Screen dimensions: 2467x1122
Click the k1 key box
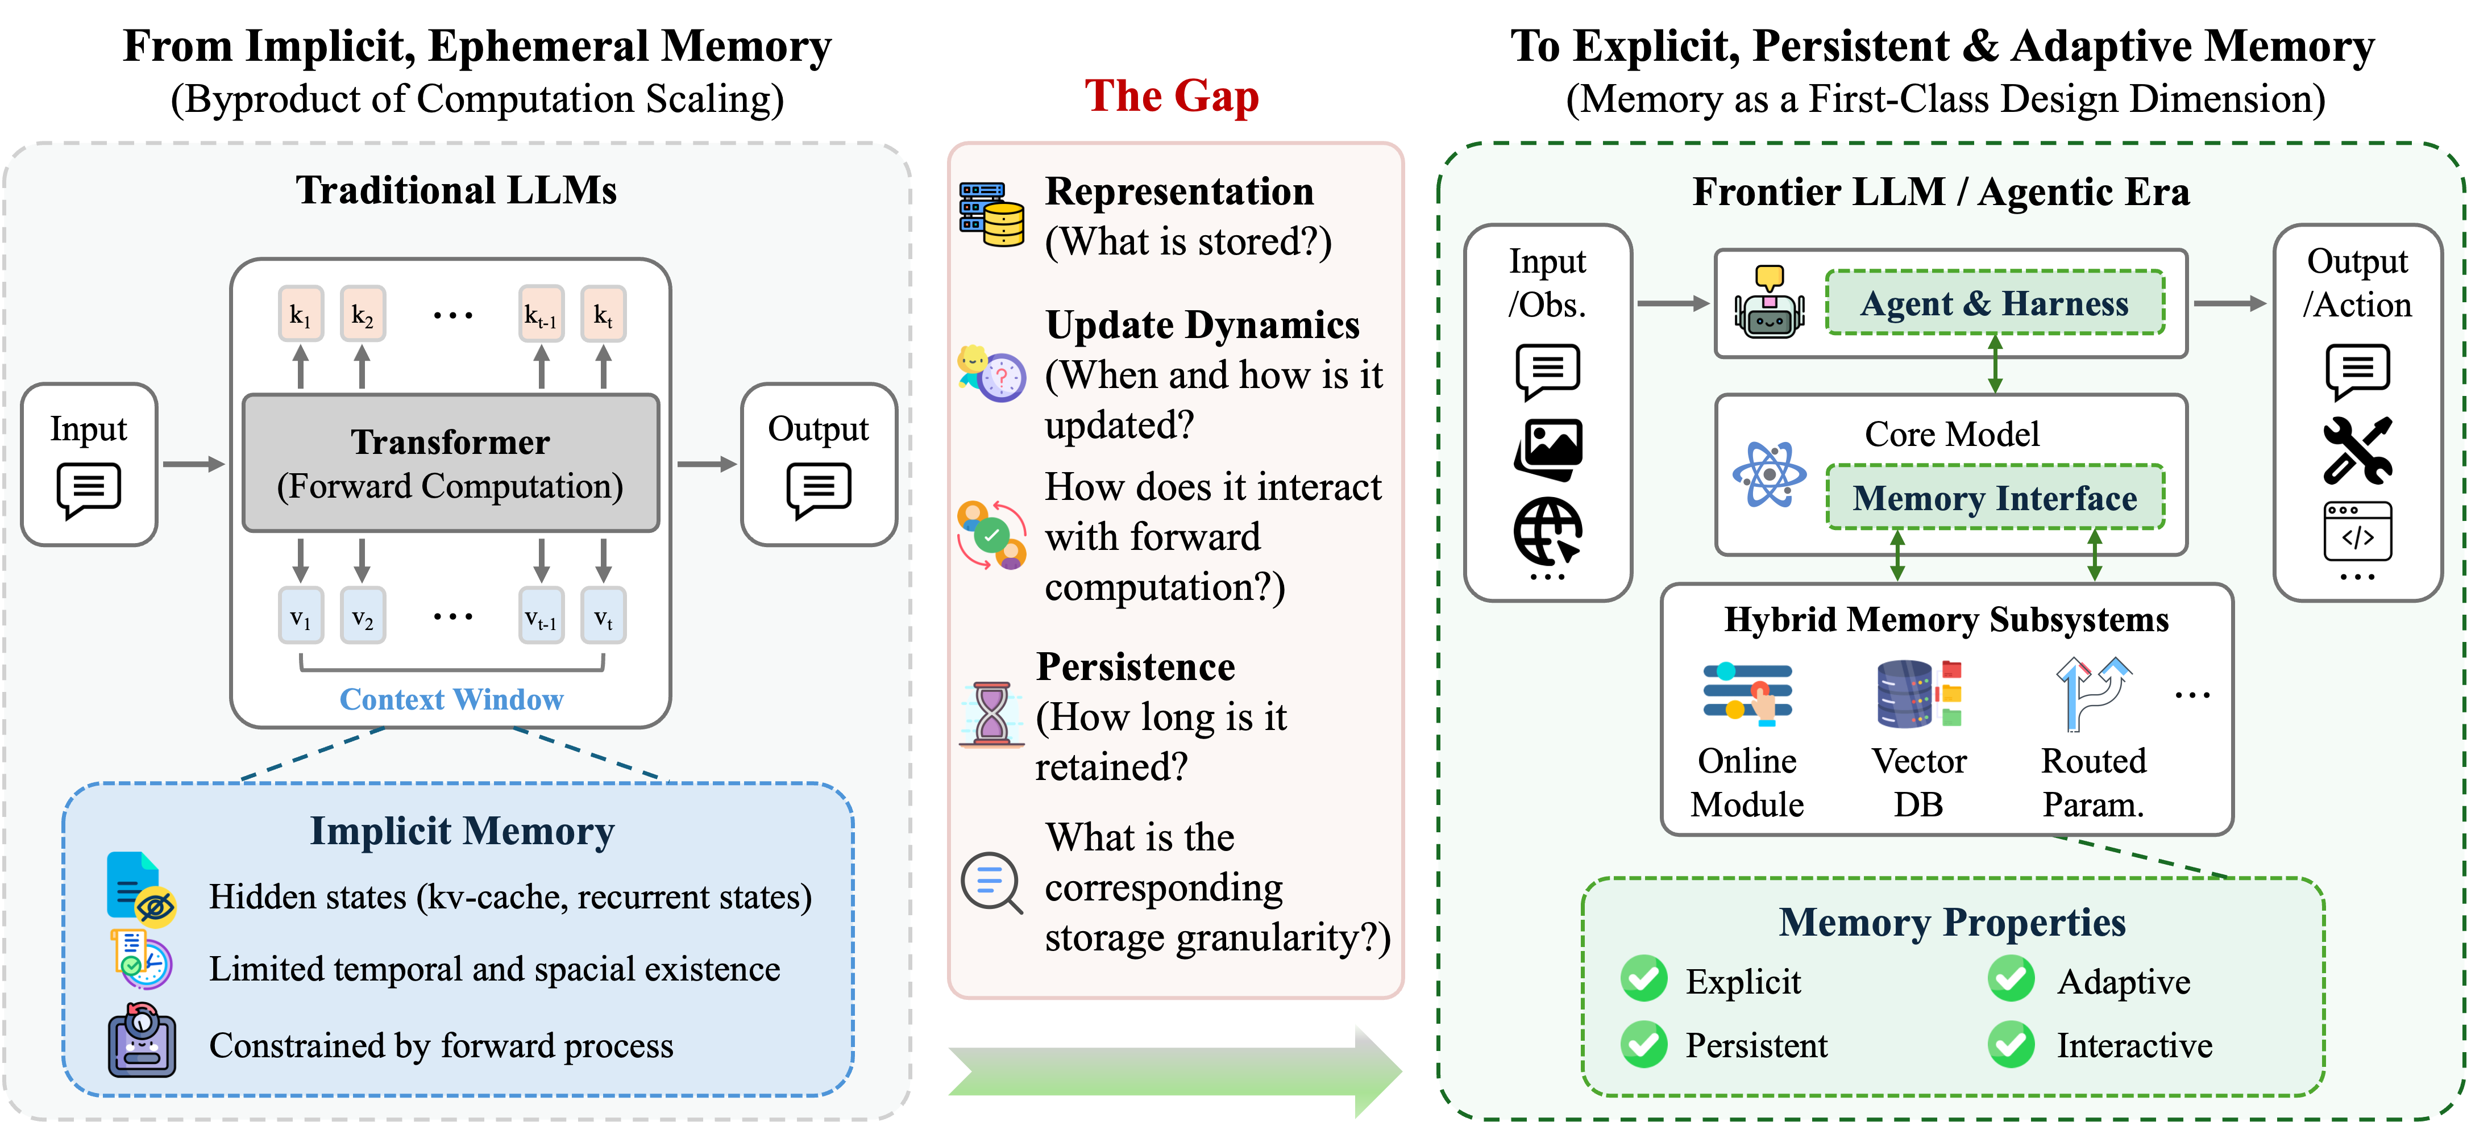tap(301, 314)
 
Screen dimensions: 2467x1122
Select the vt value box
tap(603, 616)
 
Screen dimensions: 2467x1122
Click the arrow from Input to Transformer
tap(193, 464)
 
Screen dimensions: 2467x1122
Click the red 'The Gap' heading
tap(1171, 96)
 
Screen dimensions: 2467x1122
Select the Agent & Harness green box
tap(1995, 303)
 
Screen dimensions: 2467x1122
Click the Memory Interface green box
tap(1995, 498)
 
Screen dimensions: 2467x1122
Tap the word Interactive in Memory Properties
tap(2134, 1045)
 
